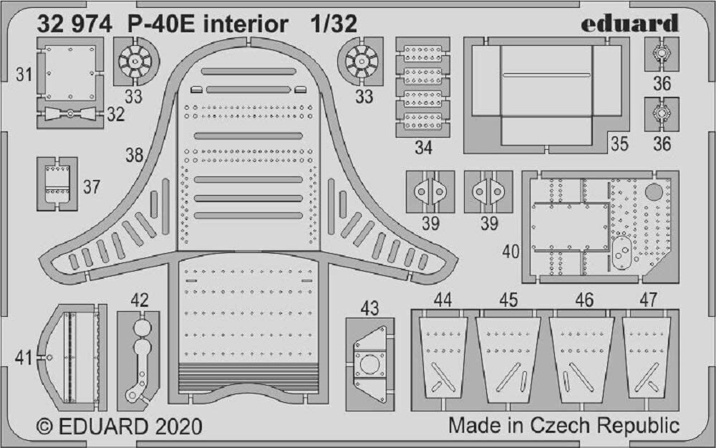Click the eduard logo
pos(629,23)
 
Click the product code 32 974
pos(74,24)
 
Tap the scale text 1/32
pos(334,24)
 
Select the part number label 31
pos(24,74)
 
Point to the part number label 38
pos(135,156)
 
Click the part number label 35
pos(619,143)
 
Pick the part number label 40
pos(511,252)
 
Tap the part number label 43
pos(370,308)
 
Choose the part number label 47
pos(649,300)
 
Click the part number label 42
pos(140,300)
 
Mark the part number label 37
pos(92,187)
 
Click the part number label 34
pos(423,147)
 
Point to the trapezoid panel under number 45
pos(508,359)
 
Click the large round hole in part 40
pos(654,192)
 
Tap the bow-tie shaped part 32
pos(70,113)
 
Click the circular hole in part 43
pos(369,365)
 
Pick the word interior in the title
pos(246,24)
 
